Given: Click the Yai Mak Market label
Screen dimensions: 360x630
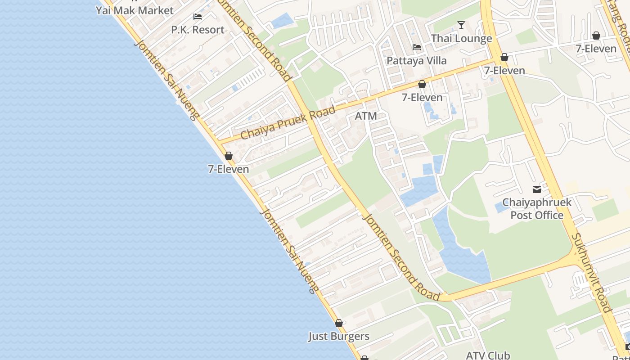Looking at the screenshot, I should [135, 10].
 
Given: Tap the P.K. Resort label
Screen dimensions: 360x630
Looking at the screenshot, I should [198, 30].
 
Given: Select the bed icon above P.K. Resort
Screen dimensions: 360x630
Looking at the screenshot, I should [198, 17].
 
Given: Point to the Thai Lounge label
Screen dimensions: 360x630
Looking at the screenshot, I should [461, 38].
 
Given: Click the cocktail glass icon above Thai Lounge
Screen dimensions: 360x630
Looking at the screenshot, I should [461, 25].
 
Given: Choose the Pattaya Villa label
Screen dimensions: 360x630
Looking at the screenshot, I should [417, 60].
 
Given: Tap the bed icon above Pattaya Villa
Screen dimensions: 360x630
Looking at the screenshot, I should [417, 47].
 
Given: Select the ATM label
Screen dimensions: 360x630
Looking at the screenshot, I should [366, 116].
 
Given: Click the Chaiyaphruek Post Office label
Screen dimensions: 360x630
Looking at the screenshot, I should [537, 209].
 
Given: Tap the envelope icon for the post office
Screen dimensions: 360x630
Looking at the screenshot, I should [537, 189].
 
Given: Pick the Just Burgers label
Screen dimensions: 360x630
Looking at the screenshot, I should [339, 336].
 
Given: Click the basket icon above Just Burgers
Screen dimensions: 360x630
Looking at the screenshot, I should [339, 323].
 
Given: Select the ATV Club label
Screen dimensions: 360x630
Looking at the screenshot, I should [488, 355].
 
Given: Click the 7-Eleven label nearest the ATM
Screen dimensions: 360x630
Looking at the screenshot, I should [422, 97].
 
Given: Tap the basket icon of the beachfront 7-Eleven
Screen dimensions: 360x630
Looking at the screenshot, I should [229, 156].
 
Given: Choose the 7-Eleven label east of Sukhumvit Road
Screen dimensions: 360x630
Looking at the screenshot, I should [596, 49].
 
